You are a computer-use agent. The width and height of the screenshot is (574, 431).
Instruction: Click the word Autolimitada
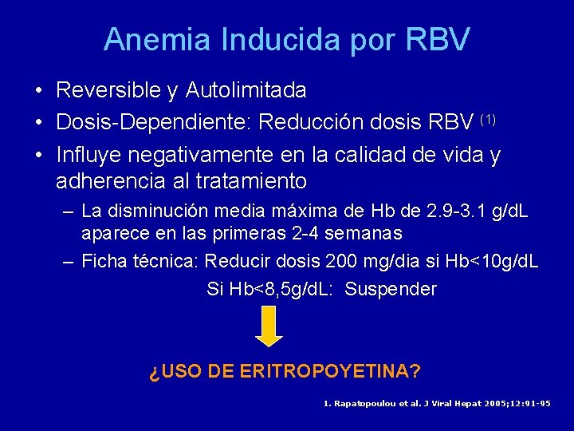246,91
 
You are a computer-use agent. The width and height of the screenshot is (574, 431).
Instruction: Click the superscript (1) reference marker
489,119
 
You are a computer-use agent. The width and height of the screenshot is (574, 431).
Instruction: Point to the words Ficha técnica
141,261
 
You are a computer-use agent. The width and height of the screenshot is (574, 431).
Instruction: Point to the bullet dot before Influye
38,155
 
